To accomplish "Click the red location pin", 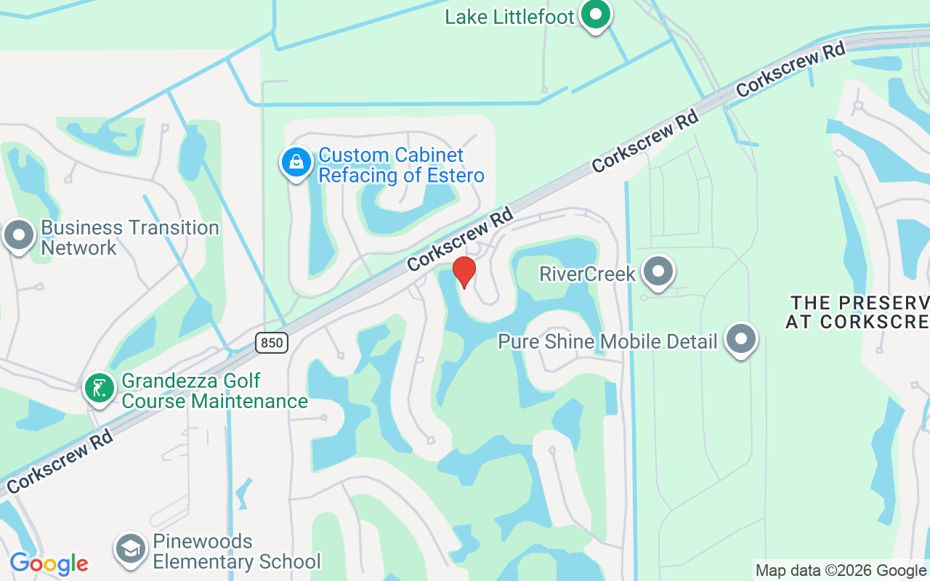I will pyautogui.click(x=464, y=272).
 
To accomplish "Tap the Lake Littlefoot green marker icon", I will pyautogui.click(x=596, y=15).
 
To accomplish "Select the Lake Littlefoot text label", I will pyautogui.click(x=509, y=17).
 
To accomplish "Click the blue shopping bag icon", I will pyautogui.click(x=296, y=163).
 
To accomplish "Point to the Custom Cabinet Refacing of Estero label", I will pyautogui.click(x=401, y=166).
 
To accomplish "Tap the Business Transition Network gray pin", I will pyautogui.click(x=19, y=236).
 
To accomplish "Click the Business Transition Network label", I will pyautogui.click(x=129, y=237).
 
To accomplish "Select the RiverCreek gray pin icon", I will pyautogui.click(x=659, y=272).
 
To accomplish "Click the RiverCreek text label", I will pyautogui.click(x=587, y=274).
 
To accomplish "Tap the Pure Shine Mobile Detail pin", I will pyautogui.click(x=741, y=339).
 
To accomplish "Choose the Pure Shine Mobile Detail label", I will pyautogui.click(x=607, y=341).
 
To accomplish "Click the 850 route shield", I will pyautogui.click(x=272, y=342).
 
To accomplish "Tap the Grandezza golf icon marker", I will pyautogui.click(x=99, y=389).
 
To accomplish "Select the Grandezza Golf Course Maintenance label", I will pyautogui.click(x=214, y=391).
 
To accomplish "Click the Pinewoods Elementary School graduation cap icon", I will pyautogui.click(x=131, y=550).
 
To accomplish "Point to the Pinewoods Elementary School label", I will pyautogui.click(x=236, y=552).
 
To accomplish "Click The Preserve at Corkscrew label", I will pyautogui.click(x=857, y=312).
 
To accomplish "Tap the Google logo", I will pyautogui.click(x=49, y=564).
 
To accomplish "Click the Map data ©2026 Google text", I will pyautogui.click(x=841, y=571).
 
